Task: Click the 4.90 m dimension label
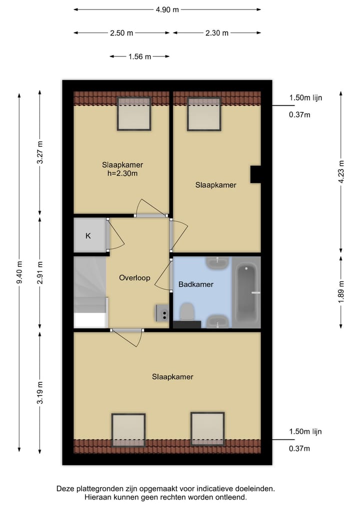[167, 9]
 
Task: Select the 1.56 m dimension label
[139, 56]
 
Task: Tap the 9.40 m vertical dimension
[19, 273]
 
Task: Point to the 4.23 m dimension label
[341, 172]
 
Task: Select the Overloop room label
[134, 278]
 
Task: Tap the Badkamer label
[196, 285]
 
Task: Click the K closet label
[88, 236]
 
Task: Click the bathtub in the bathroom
[247, 293]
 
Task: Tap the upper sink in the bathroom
[218, 262]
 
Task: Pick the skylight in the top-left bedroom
[134, 114]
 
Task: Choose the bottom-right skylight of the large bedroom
[207, 429]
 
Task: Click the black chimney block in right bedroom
[255, 174]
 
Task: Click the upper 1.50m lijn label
[305, 98]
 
